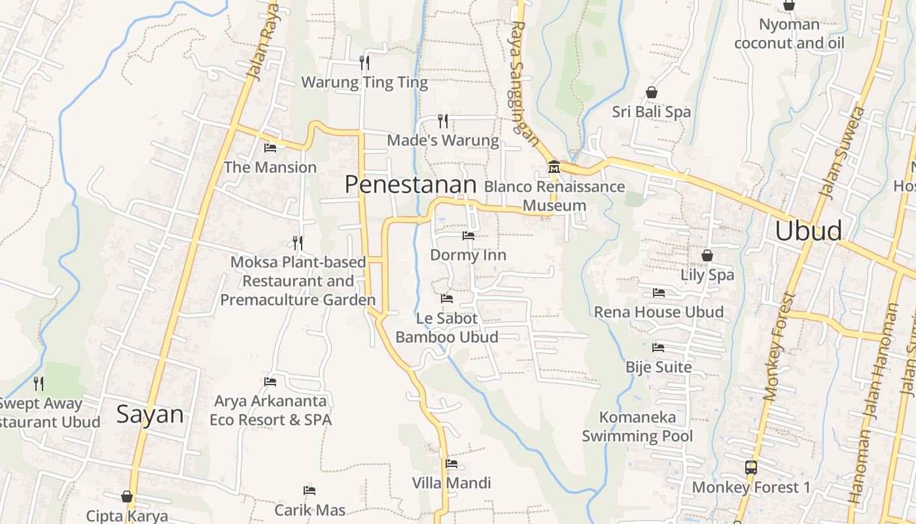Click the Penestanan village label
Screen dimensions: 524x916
[x=410, y=185]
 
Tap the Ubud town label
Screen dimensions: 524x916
[x=808, y=231]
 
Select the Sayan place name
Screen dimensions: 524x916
[x=150, y=414]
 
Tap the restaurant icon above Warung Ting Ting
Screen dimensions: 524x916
[x=364, y=63]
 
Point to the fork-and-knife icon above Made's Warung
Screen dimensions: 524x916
[x=443, y=121]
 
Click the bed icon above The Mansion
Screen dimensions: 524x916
[x=270, y=148]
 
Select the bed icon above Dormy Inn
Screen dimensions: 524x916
[x=468, y=235]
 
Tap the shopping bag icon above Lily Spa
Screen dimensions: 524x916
[x=707, y=255]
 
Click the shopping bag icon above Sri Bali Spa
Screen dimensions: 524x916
[x=651, y=92]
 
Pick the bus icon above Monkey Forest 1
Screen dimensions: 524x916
[x=751, y=468]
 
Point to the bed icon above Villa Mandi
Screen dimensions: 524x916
[x=451, y=464]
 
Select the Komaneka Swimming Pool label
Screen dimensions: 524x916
[x=637, y=426]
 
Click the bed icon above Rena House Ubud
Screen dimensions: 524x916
[x=658, y=293]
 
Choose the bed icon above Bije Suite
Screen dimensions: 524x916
[x=658, y=348]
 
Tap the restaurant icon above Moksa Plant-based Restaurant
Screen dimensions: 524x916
[x=298, y=243]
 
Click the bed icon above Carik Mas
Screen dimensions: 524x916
[x=309, y=491]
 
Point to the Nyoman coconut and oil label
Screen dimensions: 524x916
[x=789, y=34]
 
